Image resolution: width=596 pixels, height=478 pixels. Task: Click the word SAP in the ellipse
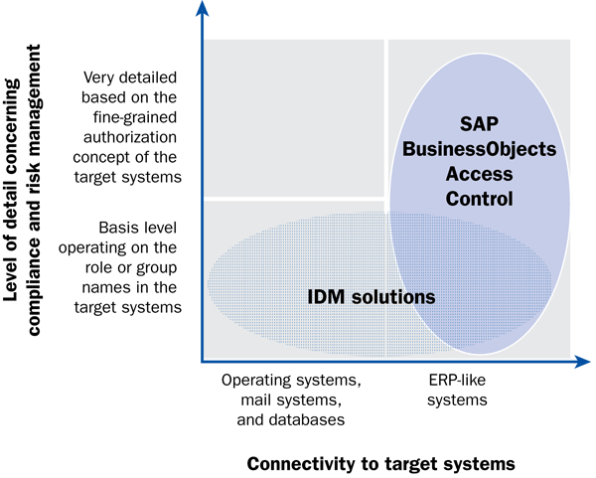tap(479, 124)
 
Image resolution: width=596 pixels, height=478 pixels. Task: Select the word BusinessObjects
tap(480, 149)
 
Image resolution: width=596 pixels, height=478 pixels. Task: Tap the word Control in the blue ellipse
tap(480, 199)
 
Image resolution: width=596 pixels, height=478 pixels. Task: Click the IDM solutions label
tap(371, 297)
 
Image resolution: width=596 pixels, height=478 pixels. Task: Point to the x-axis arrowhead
tap(583, 362)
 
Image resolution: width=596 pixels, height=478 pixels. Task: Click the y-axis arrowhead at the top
tap(203, 8)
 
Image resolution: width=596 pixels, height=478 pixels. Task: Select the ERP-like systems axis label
tap(457, 390)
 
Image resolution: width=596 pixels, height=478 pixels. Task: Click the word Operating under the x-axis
tap(256, 381)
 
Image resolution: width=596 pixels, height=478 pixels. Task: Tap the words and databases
tap(291, 419)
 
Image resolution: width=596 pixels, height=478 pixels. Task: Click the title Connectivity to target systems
tap(380, 464)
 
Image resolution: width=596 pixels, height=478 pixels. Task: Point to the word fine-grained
tap(135, 117)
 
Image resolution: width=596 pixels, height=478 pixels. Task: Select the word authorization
tap(130, 137)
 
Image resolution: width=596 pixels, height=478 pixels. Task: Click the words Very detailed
tap(130, 78)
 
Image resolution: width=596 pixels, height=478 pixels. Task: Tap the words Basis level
tap(138, 228)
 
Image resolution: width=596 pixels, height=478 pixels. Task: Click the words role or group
tap(131, 267)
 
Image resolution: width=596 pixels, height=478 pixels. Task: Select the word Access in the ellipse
tap(480, 174)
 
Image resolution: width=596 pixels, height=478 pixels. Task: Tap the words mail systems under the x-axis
tap(290, 400)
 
